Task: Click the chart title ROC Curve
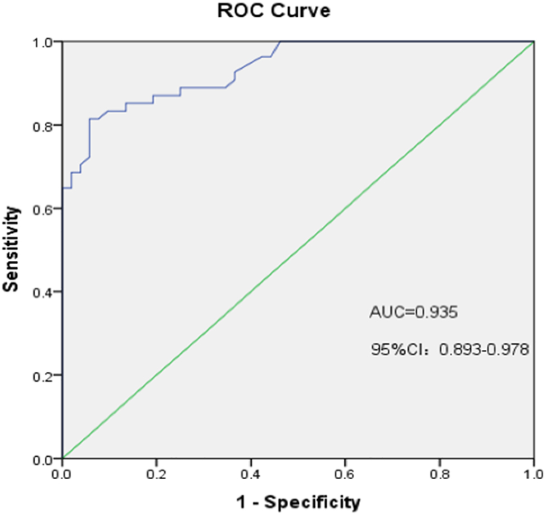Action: [x=274, y=11]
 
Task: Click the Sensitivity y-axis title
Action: [x=12, y=249]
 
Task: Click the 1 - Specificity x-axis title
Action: [x=298, y=501]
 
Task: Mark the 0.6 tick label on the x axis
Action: [x=345, y=474]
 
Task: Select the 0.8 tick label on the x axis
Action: [x=440, y=474]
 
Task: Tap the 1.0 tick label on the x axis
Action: [x=533, y=474]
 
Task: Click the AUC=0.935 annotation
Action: [x=414, y=312]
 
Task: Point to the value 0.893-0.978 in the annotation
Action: [x=484, y=350]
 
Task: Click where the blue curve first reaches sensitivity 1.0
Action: [x=280, y=42]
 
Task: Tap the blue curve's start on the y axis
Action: [x=63, y=188]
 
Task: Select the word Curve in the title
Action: [x=302, y=11]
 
